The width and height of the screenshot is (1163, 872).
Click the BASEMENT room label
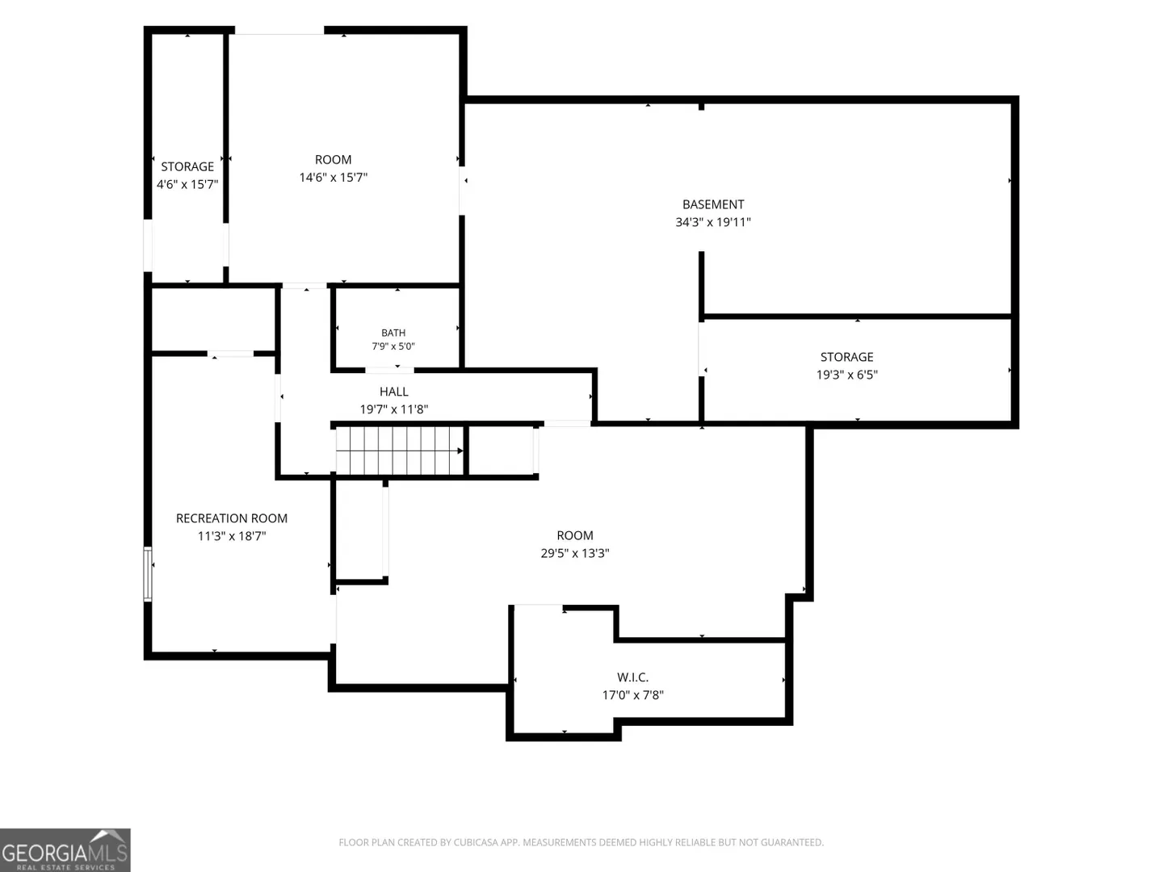tap(712, 204)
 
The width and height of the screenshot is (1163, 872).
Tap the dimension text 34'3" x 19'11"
tap(712, 222)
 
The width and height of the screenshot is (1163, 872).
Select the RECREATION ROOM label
tap(232, 518)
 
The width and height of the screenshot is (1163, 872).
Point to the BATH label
tap(393, 333)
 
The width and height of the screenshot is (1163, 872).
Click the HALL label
tap(393, 392)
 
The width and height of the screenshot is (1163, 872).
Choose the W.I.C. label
tap(632, 677)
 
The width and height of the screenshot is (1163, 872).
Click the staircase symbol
tap(400, 451)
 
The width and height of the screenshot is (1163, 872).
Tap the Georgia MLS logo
tap(65, 849)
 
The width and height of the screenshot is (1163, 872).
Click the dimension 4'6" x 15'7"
tap(187, 184)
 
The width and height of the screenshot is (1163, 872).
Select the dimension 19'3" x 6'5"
tap(846, 375)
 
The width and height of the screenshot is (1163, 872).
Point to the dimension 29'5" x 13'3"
tap(575, 553)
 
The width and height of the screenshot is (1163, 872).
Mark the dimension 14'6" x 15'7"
tap(334, 178)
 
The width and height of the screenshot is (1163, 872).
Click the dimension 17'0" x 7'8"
tap(632, 694)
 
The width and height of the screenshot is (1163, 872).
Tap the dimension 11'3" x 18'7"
tap(232, 536)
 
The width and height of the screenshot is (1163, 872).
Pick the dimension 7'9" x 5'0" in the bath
tap(393, 346)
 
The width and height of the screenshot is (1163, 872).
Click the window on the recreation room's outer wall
tap(148, 574)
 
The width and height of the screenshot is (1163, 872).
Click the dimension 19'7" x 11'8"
tap(393, 409)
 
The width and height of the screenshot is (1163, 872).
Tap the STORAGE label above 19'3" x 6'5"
tap(846, 358)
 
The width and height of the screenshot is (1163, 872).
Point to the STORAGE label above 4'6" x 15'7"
tap(187, 167)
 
